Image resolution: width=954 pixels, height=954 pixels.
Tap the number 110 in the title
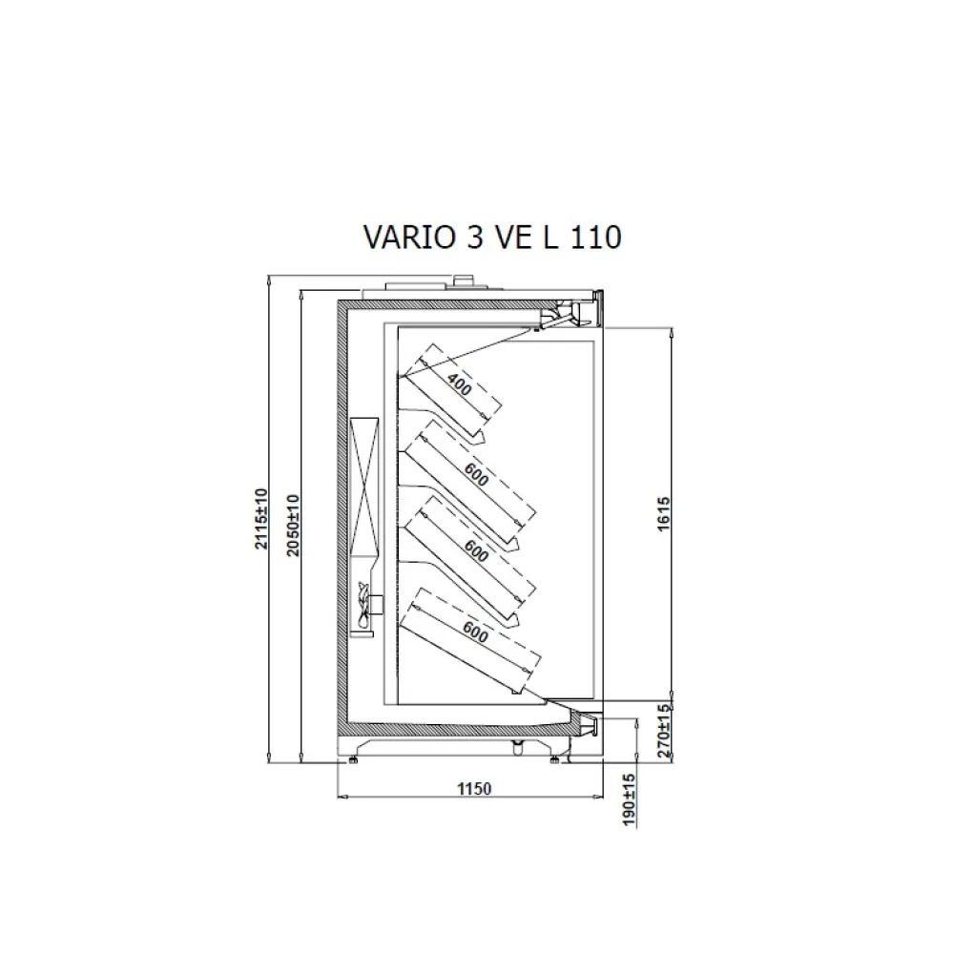[x=596, y=237]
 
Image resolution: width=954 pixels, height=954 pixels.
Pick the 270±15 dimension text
[x=666, y=731]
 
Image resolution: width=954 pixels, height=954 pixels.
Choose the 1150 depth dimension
[x=473, y=788]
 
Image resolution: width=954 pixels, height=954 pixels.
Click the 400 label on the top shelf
[x=459, y=386]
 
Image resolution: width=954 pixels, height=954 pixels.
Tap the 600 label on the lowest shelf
[x=474, y=630]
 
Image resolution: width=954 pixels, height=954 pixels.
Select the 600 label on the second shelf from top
[x=474, y=473]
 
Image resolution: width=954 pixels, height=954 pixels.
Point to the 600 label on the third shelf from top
[x=474, y=551]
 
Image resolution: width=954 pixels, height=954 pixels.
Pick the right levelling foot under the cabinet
[x=558, y=759]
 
